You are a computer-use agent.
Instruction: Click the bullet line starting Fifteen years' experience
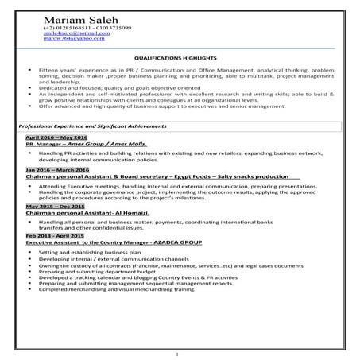click(x=191, y=71)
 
